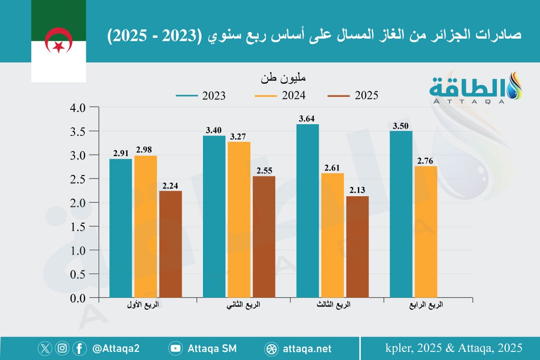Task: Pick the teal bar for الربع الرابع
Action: pos(401,214)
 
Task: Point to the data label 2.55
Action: pos(264,171)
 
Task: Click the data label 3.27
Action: pos(239,137)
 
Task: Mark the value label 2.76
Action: pos(426,161)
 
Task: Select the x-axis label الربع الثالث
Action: pos(333,305)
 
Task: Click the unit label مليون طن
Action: pos(283,78)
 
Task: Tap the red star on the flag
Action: pos(59,45)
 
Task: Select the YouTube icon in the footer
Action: pos(175,348)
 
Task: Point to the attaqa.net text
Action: pos(308,348)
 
